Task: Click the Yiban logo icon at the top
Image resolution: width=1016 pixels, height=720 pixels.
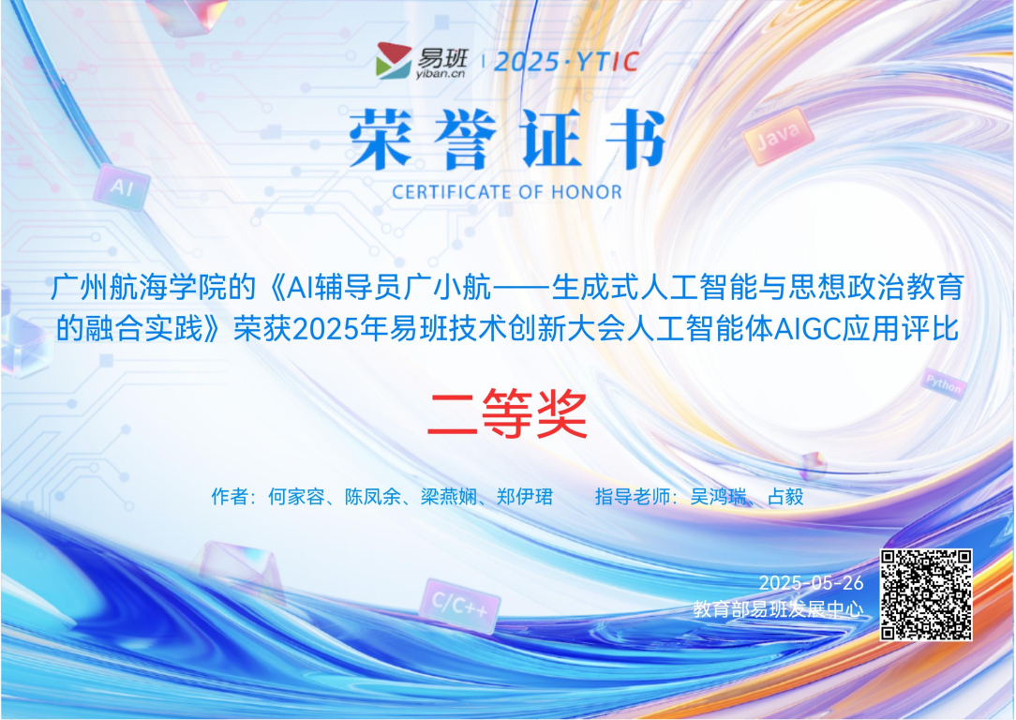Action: (x=394, y=61)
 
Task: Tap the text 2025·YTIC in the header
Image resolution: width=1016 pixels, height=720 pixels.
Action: (x=566, y=62)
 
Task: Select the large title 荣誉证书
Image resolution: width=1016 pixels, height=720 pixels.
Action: (x=507, y=141)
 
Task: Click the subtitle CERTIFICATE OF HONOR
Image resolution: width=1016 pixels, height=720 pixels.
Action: (x=507, y=192)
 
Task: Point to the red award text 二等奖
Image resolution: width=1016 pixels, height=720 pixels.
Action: (x=507, y=413)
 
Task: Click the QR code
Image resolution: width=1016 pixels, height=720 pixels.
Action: (x=926, y=594)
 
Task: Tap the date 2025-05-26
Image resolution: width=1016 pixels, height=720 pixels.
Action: (x=811, y=583)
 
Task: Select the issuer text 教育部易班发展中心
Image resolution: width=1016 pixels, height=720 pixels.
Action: (x=778, y=608)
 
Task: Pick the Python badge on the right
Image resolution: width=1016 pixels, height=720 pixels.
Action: (x=941, y=383)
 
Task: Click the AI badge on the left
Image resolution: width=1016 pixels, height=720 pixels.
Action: (x=122, y=187)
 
